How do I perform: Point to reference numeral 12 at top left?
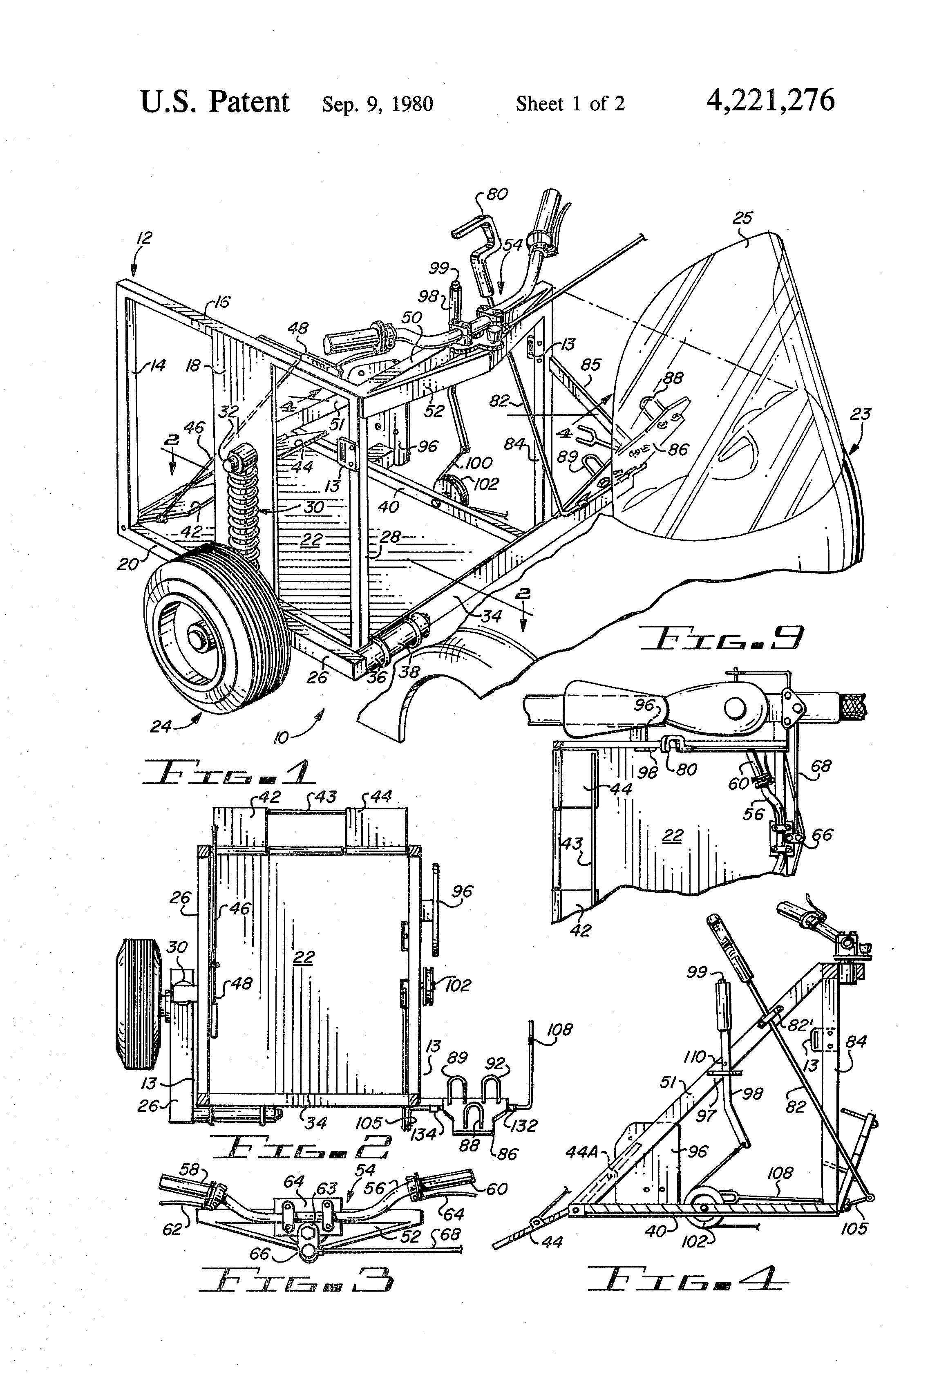(144, 237)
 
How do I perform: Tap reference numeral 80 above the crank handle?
(497, 194)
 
